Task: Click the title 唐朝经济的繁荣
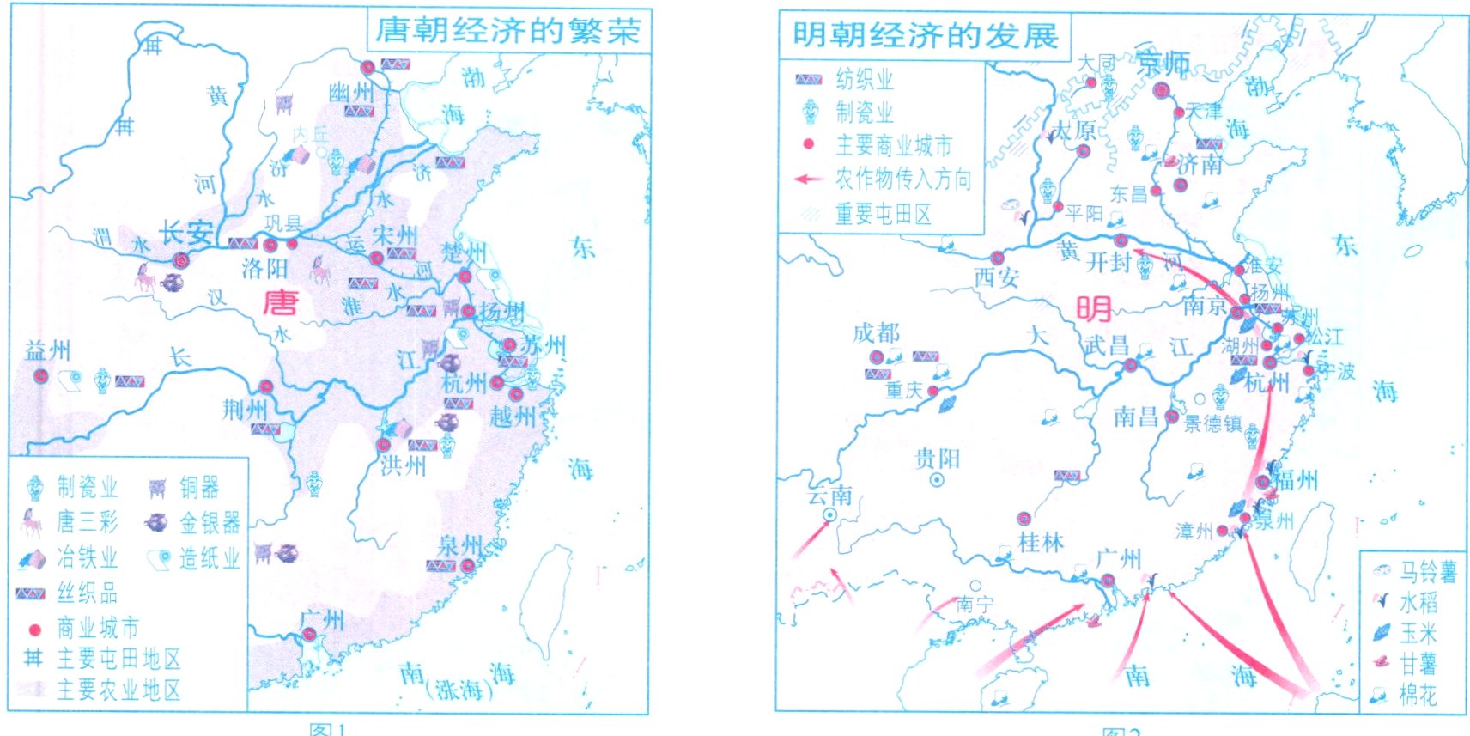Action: [508, 31]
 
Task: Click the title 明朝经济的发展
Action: [925, 36]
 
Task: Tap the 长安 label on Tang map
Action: [186, 233]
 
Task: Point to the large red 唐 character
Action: [280, 302]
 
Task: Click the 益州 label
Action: [47, 350]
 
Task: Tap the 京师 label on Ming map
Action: [1163, 63]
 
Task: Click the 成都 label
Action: [876, 333]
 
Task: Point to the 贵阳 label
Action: [937, 458]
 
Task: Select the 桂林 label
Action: [1040, 542]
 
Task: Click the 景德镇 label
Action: [1212, 423]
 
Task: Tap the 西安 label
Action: [996, 277]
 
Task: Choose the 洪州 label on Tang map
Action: [403, 466]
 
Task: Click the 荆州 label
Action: [245, 409]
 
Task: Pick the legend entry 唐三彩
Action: [86, 522]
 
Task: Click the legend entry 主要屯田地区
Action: [118, 659]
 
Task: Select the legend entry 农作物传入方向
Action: [903, 179]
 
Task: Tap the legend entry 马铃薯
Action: [1428, 571]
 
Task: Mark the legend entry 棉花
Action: [1418, 694]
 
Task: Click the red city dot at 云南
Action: [830, 514]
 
